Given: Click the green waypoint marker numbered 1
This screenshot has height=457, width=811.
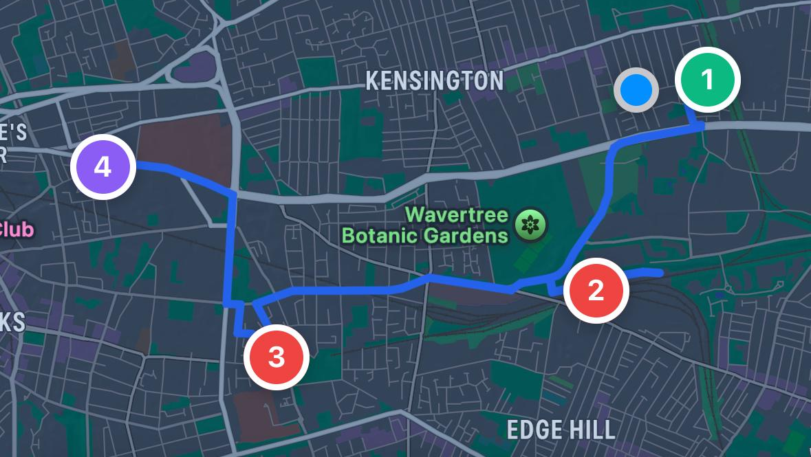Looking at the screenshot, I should [x=707, y=80].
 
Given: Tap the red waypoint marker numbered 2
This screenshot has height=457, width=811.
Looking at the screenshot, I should [x=596, y=290].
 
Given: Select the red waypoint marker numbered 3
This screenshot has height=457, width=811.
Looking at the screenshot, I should [x=277, y=357].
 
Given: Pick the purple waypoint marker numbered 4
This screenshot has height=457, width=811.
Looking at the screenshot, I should [x=102, y=167].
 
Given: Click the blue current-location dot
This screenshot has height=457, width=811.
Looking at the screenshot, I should [x=636, y=89].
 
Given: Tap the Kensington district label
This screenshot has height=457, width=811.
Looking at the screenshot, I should [x=434, y=81].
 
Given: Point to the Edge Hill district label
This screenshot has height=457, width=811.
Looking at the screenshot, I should [x=561, y=430].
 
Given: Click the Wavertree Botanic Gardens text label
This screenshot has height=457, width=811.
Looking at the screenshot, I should [x=424, y=225].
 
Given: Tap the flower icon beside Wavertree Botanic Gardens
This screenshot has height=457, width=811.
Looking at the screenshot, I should [x=530, y=225].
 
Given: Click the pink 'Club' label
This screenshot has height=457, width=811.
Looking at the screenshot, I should [x=17, y=230].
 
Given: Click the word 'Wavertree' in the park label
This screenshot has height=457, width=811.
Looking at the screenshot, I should [x=457, y=214].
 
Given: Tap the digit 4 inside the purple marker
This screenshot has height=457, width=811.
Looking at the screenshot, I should [x=102, y=167].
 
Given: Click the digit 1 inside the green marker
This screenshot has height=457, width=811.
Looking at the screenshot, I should [x=707, y=80].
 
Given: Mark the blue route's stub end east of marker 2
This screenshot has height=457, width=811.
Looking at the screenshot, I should [x=660, y=274].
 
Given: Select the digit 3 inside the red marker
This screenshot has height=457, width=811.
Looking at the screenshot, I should [x=277, y=357].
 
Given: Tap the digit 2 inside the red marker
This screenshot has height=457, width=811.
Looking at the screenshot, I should [x=596, y=290].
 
